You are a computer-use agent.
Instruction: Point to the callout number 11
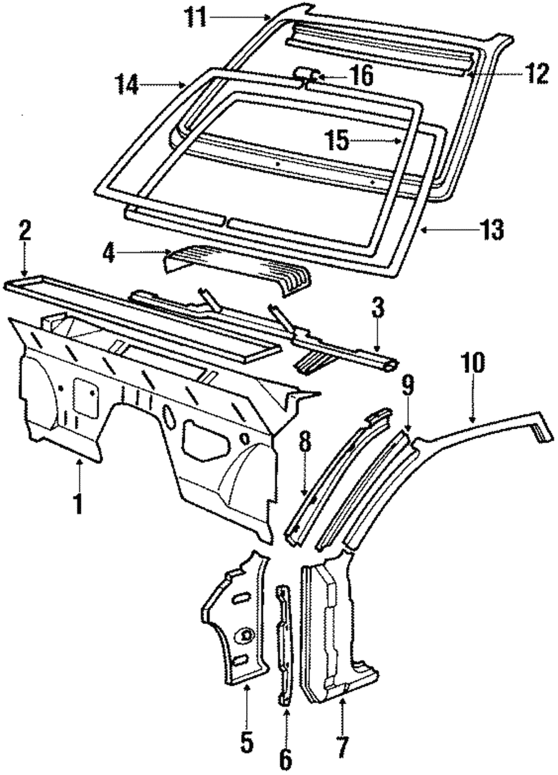tap(196, 18)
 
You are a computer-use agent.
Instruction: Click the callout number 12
tap(531, 74)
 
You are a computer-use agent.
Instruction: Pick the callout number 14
tap(127, 85)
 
